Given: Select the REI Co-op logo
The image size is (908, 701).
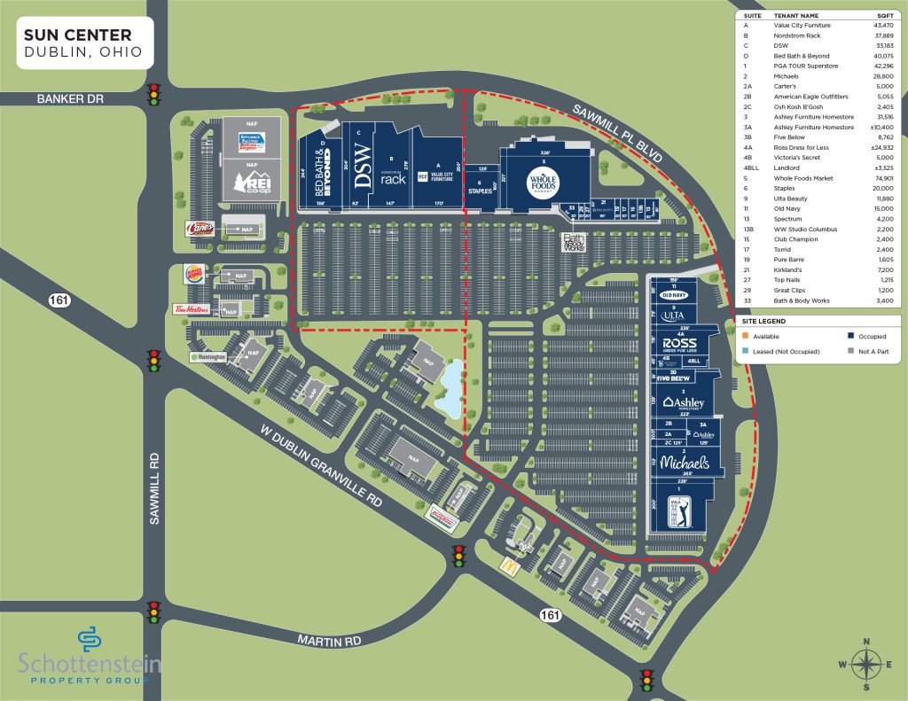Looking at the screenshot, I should [252, 183].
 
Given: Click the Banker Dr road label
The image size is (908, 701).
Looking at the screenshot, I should [72, 98].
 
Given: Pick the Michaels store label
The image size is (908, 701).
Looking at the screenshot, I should [685, 463].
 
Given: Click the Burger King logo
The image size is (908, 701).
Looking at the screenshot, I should [193, 272].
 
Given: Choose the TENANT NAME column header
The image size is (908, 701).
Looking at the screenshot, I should [795, 16].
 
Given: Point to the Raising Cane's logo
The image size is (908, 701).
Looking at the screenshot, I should [199, 228].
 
